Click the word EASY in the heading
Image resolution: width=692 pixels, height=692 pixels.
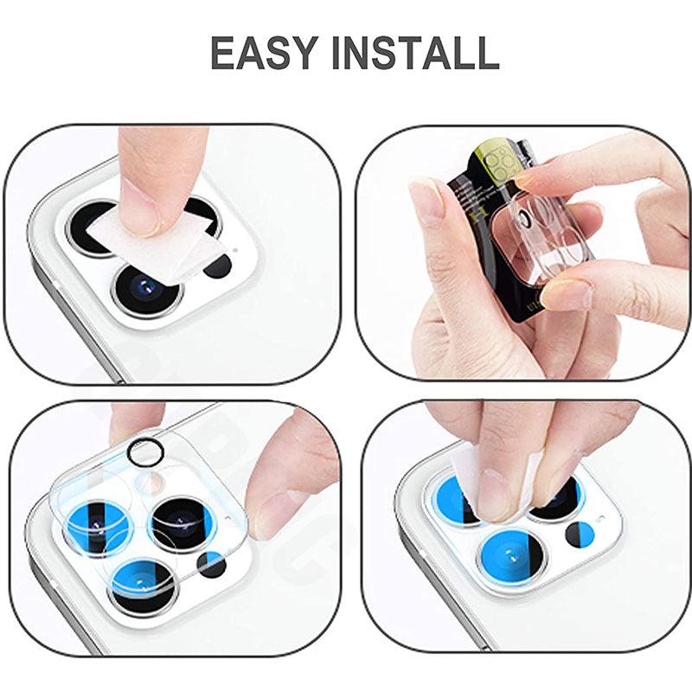(264, 52)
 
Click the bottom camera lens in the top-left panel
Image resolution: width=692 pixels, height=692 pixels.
(147, 290)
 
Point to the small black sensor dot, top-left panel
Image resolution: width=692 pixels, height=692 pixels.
(218, 266)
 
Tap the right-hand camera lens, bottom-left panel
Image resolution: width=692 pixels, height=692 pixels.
(182, 524)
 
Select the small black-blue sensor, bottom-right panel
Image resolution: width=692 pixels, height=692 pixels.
(580, 535)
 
